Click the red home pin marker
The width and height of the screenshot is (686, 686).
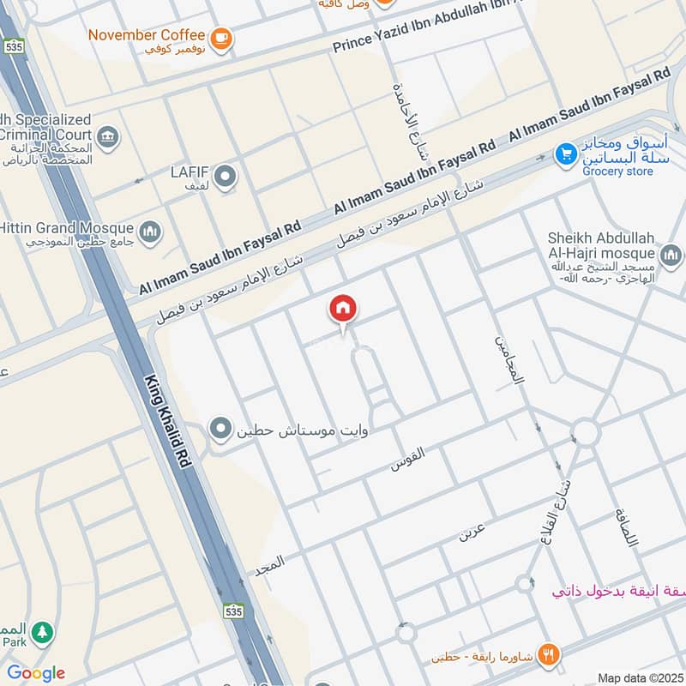tap(343, 310)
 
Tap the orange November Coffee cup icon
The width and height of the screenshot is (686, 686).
tap(221, 39)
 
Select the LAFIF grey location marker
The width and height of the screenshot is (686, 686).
tap(226, 178)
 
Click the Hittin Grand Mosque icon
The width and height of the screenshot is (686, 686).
tap(150, 232)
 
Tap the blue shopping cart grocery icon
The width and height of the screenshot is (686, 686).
tap(564, 154)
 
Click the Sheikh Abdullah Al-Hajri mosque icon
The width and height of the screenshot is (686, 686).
tap(671, 255)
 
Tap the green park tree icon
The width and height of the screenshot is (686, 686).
tap(41, 634)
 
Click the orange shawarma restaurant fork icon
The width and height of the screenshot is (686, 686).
tap(550, 654)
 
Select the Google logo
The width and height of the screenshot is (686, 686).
tap(36, 672)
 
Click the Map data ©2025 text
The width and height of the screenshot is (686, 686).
tap(639, 677)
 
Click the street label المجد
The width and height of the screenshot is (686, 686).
tap(269, 564)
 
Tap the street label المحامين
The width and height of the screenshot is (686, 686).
tap(508, 358)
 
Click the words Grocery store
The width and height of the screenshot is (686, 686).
tap(617, 171)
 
